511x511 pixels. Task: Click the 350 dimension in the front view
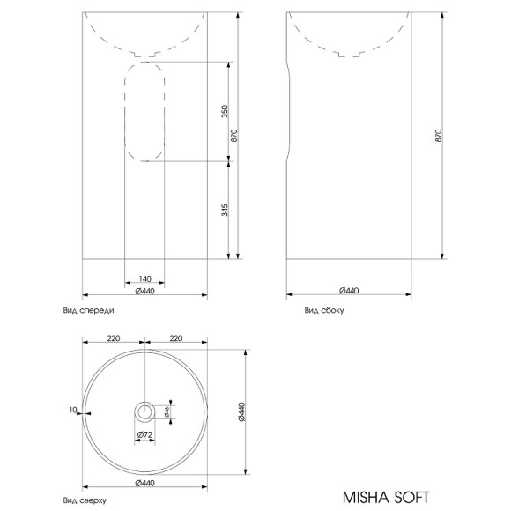pos(225,112)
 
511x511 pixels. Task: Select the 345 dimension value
pos(225,211)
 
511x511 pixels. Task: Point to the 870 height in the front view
pos(233,137)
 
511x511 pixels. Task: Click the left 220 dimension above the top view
pos(114,337)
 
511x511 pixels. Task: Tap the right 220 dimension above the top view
pos(175,337)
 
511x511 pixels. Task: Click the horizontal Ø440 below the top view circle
pos(144,483)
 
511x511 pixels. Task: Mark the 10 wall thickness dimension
pos(72,410)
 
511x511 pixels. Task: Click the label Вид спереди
pos(88,310)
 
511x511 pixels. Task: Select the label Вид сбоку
pos(323,310)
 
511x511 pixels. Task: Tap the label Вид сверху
pos(85,500)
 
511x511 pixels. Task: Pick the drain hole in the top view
pos(144,411)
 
